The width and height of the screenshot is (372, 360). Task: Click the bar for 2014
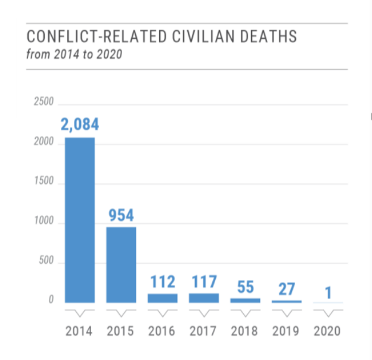(x=79, y=221)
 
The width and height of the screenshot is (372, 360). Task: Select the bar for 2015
(x=121, y=265)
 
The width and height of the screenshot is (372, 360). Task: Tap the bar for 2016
(x=163, y=298)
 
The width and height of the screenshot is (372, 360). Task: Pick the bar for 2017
(x=204, y=298)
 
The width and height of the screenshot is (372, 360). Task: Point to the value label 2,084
(x=79, y=125)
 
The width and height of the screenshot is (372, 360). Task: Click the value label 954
(x=121, y=215)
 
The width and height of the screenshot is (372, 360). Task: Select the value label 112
(x=163, y=281)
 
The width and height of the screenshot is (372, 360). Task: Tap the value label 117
(x=204, y=281)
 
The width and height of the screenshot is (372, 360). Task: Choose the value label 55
(x=246, y=287)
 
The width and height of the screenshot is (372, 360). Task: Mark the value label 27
(x=287, y=288)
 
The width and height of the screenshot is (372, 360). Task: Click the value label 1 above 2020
(x=328, y=292)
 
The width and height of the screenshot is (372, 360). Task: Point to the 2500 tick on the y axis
(x=44, y=103)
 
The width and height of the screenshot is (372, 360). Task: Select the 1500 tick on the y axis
(x=44, y=182)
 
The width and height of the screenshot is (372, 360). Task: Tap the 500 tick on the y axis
(x=46, y=261)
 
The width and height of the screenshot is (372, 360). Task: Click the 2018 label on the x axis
(x=245, y=331)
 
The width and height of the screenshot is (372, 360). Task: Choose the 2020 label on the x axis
(x=328, y=331)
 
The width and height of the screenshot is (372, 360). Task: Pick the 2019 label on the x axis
(x=287, y=331)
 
